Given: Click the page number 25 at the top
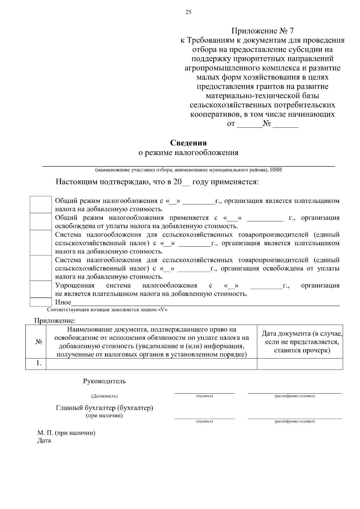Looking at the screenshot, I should point(188,12).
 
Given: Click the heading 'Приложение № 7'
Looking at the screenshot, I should point(262,31).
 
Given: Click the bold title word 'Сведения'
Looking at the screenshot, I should point(188,143).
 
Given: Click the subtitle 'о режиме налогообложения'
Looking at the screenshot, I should point(188,153).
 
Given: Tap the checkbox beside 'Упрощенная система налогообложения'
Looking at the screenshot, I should point(41,289).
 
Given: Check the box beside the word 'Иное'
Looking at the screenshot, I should point(41,302).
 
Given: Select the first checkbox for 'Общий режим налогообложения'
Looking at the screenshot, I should point(41,205).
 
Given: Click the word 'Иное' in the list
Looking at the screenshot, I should point(63,302).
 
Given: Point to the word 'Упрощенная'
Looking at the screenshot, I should point(75,285).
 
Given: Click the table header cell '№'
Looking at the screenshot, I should point(38,342).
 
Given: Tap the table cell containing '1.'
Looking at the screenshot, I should point(38,363).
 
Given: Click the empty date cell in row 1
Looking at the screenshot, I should point(300,364).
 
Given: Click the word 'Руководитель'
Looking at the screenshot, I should point(104,381).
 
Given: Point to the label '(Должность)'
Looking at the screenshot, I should point(104,396).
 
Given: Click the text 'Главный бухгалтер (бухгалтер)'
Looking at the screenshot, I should point(104,408).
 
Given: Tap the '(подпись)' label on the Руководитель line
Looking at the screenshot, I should point(205,396).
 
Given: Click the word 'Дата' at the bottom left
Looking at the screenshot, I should point(44,441).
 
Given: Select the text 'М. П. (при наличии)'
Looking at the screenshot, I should point(66,433).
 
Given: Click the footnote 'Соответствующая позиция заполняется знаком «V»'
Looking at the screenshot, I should point(107,310).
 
